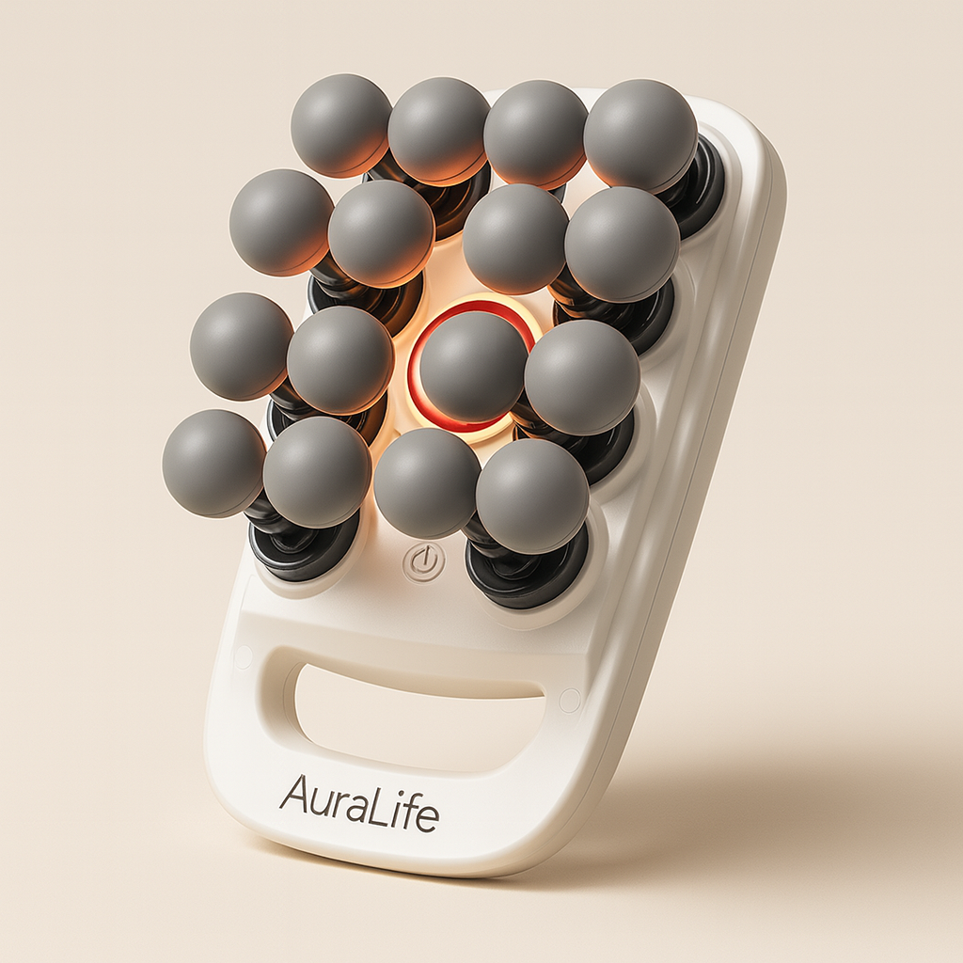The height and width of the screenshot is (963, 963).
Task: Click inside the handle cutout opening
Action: point(414,715)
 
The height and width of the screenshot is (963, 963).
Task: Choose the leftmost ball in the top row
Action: point(340,125)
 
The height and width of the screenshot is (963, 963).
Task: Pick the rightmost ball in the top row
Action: point(640,134)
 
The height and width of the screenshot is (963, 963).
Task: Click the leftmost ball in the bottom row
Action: point(213,463)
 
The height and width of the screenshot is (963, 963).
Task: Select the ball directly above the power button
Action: point(427,482)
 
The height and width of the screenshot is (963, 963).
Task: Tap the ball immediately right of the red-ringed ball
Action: point(581,376)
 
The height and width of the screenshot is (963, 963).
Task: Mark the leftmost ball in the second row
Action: point(281,222)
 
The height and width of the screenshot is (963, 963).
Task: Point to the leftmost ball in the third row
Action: point(242,346)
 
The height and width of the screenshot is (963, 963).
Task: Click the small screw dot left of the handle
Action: point(243,655)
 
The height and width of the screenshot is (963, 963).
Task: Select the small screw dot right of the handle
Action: point(568,700)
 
